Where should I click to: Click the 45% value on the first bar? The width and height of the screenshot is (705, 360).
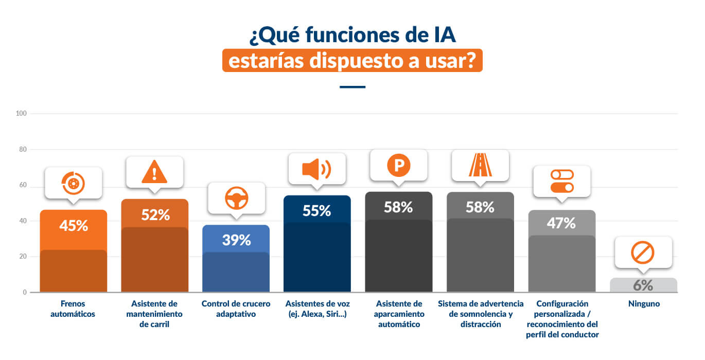74,225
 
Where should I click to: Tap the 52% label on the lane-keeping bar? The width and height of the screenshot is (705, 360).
155,214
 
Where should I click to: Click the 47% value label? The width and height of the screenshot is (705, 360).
561,223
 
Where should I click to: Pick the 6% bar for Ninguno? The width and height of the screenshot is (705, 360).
643,285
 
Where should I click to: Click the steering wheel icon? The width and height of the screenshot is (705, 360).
237,197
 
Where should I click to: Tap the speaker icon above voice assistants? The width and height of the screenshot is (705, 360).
316,169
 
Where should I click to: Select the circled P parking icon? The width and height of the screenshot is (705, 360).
399,165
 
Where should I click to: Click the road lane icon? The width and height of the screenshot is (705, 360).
480,165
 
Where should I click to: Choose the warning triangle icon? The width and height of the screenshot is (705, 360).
155,172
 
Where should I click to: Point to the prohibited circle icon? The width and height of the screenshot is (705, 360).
642,253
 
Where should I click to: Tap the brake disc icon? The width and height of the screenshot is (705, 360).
74,183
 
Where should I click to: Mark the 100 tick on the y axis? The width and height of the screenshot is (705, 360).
22,113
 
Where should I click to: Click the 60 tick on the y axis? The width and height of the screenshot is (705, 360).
23,185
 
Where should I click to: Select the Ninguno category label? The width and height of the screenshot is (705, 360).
644,304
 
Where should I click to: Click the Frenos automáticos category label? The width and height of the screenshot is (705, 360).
73,309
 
